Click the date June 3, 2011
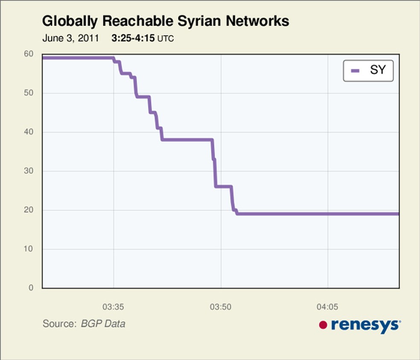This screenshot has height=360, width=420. (70, 38)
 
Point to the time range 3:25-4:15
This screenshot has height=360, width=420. (133, 38)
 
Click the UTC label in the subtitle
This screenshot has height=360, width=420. (166, 38)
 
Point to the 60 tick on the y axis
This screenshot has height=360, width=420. (29, 54)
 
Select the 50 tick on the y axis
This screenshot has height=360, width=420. (29, 93)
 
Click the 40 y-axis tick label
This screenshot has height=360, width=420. (29, 132)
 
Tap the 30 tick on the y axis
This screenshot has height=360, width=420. (29, 171)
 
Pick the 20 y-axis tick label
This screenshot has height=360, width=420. (29, 210)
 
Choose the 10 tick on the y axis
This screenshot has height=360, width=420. (29, 249)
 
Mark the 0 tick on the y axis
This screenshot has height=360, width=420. (31, 288)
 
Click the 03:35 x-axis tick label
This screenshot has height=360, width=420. (114, 306)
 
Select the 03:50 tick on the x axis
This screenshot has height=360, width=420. (221, 306)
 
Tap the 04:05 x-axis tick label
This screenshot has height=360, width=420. (328, 306)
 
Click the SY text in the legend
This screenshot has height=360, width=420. (377, 70)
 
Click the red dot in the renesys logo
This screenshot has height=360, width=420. (323, 325)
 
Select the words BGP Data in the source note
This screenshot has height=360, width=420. (103, 324)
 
